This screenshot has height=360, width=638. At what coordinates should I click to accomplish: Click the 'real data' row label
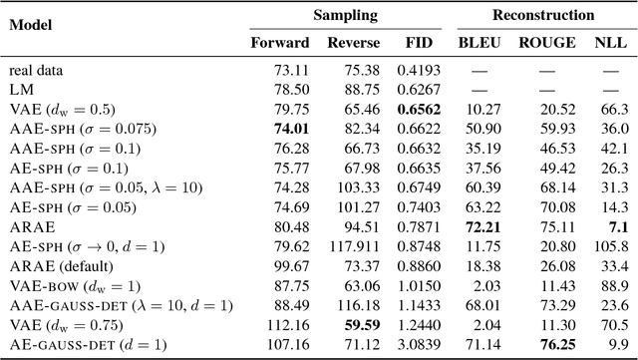pyautogui.click(x=37, y=70)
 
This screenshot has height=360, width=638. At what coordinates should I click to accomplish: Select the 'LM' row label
pyautogui.click(x=20, y=87)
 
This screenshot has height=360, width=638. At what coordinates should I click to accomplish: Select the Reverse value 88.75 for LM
pyautogui.click(x=349, y=87)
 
